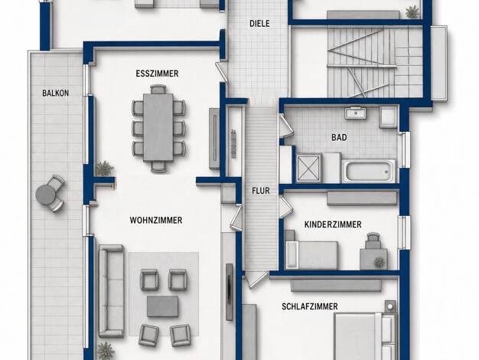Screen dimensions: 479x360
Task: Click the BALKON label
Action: [55, 93]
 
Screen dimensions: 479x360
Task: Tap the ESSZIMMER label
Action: [157, 74]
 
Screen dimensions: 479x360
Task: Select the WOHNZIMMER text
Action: [156, 221]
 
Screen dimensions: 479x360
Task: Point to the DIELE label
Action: [259, 24]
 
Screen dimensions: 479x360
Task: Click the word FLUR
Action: [261, 191]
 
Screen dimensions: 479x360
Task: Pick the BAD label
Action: [339, 137]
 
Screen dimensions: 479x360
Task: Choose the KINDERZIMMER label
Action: [333, 224]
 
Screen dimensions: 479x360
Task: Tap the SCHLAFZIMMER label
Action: [310, 306]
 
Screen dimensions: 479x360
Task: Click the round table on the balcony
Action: [45, 194]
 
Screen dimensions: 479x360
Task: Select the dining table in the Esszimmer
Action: [158, 127]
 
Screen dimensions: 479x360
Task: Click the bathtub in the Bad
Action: [369, 171]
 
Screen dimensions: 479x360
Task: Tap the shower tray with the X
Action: [308, 169]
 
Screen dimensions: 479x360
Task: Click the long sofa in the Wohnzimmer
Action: [111, 290]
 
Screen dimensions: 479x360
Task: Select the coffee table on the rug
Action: [162, 306]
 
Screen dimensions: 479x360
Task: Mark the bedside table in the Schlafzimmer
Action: [389, 306]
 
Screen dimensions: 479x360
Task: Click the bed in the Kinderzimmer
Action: [311, 255]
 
